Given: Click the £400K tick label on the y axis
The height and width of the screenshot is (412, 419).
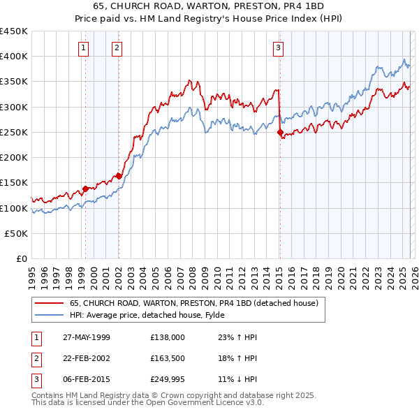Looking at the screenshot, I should click(14, 57).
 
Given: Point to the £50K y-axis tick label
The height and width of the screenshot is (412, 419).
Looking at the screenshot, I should click(17, 234).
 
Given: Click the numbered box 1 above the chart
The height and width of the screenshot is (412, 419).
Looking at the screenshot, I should click(83, 48).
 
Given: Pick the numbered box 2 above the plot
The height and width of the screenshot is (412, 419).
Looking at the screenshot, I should click(116, 48).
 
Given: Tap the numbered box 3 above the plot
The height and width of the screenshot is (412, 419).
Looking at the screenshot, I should click(278, 48).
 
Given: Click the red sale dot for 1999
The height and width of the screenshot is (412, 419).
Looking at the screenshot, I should click(85, 189).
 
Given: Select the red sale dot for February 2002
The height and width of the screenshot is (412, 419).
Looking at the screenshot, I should click(119, 176).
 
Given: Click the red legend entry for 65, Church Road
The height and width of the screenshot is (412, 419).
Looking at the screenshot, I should click(194, 303).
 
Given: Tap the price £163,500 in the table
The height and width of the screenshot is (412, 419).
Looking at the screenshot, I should click(168, 358).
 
